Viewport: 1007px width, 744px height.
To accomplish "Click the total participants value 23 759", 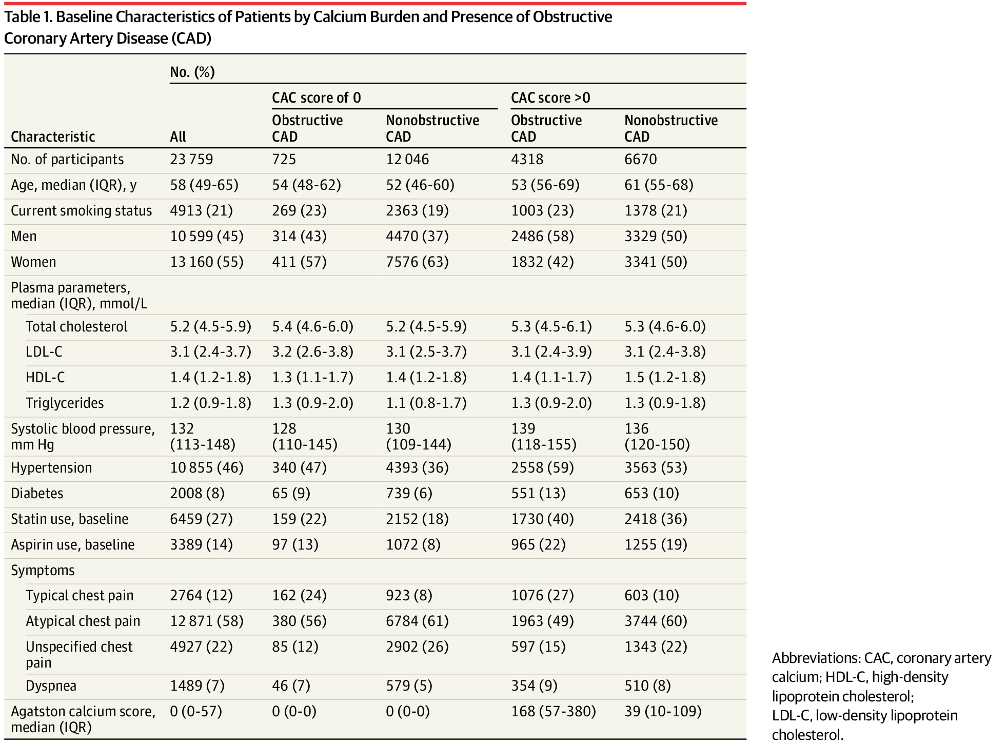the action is (x=191, y=159).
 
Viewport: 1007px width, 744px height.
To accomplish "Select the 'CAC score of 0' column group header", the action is (x=317, y=97).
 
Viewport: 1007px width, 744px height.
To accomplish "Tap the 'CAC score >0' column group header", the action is (x=550, y=97).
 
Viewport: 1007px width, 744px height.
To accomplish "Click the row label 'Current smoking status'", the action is (x=82, y=210).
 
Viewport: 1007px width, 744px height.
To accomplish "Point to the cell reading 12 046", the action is (x=407, y=159).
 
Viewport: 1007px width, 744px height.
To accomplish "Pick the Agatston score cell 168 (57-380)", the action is (x=554, y=711).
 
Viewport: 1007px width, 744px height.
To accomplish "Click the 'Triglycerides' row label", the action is (x=65, y=403).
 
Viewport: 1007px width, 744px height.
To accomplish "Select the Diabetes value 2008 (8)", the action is (x=198, y=493).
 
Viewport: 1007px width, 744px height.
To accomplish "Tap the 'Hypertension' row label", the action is (x=51, y=467).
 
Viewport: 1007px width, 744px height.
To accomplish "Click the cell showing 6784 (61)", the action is (x=418, y=621).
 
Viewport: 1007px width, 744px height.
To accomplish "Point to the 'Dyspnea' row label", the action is (x=51, y=686).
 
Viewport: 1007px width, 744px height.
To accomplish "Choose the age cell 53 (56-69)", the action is (x=545, y=185).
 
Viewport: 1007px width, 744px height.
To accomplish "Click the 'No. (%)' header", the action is (x=192, y=72).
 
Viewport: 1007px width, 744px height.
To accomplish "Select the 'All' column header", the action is (x=178, y=136).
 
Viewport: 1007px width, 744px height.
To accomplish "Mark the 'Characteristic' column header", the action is (x=53, y=136).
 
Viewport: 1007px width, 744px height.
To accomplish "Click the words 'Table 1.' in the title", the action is (x=28, y=17).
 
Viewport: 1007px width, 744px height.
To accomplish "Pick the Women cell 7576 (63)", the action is (x=418, y=262).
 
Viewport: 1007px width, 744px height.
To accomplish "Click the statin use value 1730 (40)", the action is (x=542, y=519).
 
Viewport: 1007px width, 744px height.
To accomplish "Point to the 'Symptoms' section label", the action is (x=43, y=570).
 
